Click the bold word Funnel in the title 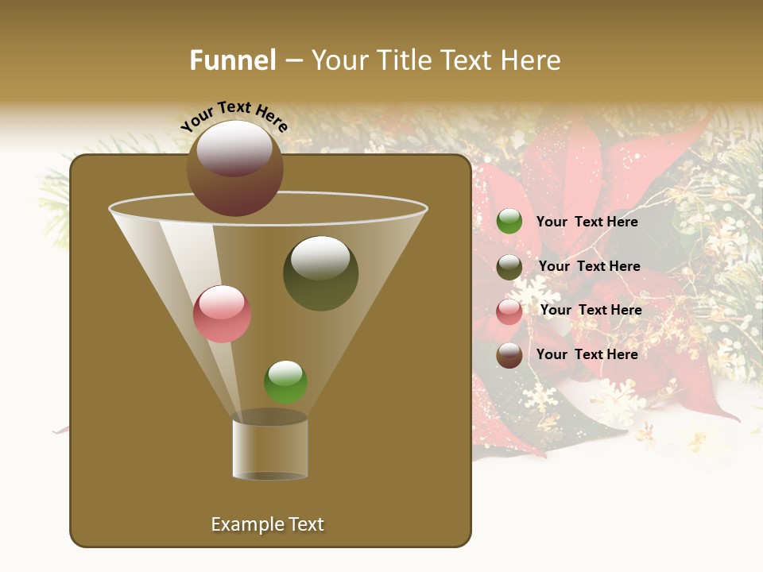pyautogui.click(x=232, y=60)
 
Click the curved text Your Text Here pyautogui.click(x=234, y=116)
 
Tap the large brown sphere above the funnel pyautogui.click(x=234, y=168)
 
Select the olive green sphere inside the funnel pyautogui.click(x=320, y=273)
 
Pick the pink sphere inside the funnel pyautogui.click(x=222, y=314)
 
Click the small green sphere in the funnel pyautogui.click(x=285, y=382)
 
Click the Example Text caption pyautogui.click(x=267, y=524)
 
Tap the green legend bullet pyautogui.click(x=509, y=222)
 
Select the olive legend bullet pyautogui.click(x=509, y=267)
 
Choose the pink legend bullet pyautogui.click(x=509, y=311)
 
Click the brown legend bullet pyautogui.click(x=509, y=355)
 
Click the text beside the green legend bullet pyautogui.click(x=587, y=222)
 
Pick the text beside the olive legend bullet pyautogui.click(x=589, y=267)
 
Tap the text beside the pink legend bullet pyautogui.click(x=591, y=310)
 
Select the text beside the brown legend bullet pyautogui.click(x=587, y=354)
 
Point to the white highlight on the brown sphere pyautogui.click(x=234, y=148)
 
